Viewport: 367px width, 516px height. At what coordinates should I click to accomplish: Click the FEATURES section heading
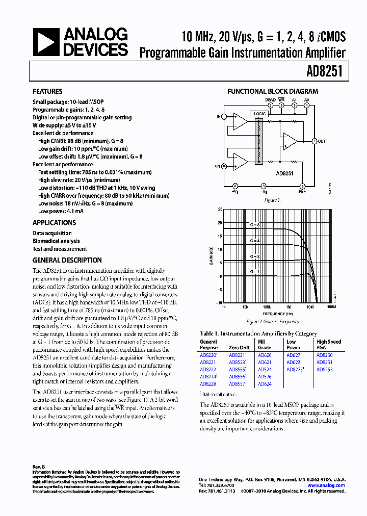pyautogui.click(x=47, y=92)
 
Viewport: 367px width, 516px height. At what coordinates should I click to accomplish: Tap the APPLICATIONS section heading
pyautogui.click(x=54, y=223)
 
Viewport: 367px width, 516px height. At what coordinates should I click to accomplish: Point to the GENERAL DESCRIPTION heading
pyautogui.click(x=67, y=260)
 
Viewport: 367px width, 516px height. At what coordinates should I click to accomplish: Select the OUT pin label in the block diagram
pyautogui.click(x=322, y=141)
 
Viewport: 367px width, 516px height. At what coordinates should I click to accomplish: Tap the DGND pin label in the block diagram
pyautogui.click(x=271, y=100)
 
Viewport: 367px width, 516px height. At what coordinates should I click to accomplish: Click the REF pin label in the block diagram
pyautogui.click(x=302, y=192)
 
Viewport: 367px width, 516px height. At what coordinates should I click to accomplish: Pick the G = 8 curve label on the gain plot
pyautogui.click(x=254, y=224)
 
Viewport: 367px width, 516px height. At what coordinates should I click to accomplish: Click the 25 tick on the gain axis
pyautogui.click(x=219, y=209)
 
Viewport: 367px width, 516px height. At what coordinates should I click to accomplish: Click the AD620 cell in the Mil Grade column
pyautogui.click(x=265, y=355)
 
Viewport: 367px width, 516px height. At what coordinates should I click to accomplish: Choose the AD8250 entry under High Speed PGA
pyautogui.click(x=324, y=355)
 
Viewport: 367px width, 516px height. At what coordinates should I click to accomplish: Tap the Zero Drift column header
pyautogui.click(x=239, y=348)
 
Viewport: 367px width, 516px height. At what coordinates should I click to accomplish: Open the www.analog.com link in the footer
pyautogui.click(x=330, y=485)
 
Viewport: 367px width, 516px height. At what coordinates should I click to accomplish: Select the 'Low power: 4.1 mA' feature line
pyautogui.click(x=61, y=211)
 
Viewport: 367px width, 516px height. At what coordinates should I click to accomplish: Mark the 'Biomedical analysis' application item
pyautogui.click(x=56, y=241)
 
